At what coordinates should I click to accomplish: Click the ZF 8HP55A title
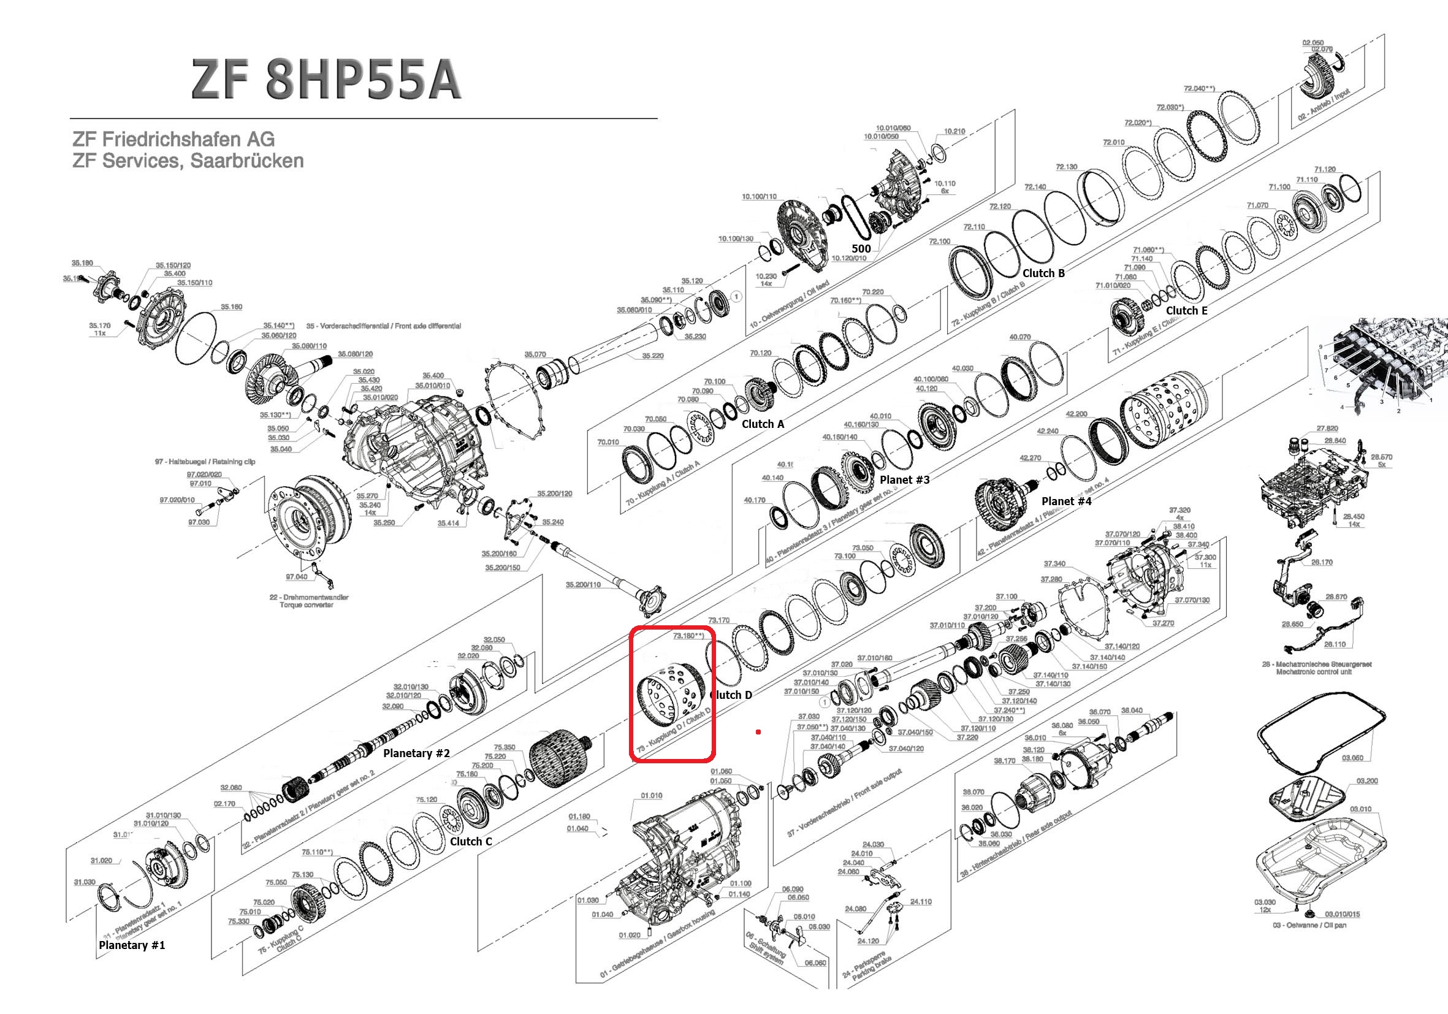[326, 80]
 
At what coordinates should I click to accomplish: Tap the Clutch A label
[763, 424]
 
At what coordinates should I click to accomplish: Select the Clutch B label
[1043, 273]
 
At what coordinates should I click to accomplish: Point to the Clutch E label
[1186, 310]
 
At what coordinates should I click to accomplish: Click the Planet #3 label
[904, 479]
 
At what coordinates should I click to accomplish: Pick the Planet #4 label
[1066, 501]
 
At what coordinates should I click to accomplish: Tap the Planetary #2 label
[416, 753]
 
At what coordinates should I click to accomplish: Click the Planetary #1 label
[132, 945]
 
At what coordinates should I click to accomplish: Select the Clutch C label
[470, 841]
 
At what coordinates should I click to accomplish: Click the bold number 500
[861, 248]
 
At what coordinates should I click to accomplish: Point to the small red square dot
[758, 732]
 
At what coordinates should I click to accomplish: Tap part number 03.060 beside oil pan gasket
[1352, 757]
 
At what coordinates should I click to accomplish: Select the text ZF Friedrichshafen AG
[173, 139]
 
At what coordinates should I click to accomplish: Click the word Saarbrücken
[246, 161]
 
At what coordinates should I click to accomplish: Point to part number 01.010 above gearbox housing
[652, 795]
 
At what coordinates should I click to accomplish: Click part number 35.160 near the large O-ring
[232, 307]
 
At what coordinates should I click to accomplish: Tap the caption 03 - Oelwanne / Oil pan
[1309, 925]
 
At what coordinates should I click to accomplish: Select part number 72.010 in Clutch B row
[1113, 142]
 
